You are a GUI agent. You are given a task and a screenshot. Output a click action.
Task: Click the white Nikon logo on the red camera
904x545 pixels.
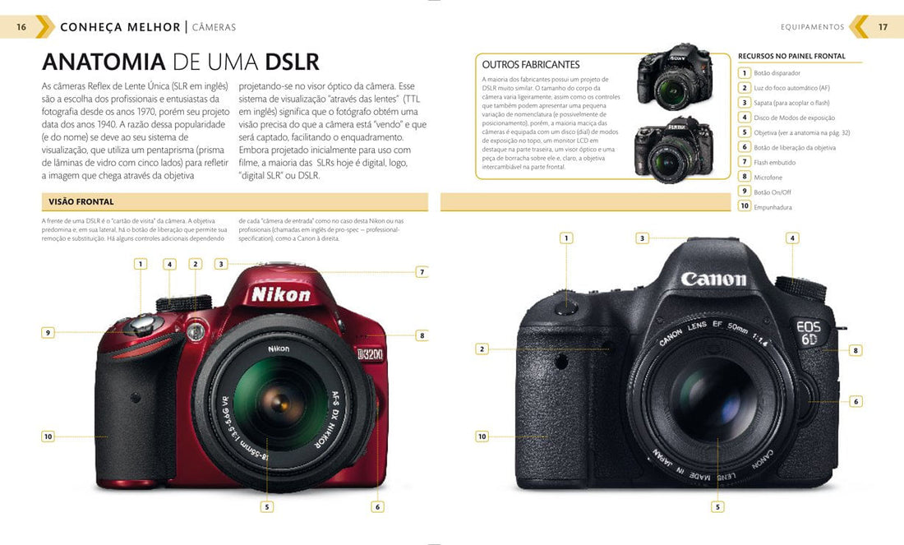coord(281,294)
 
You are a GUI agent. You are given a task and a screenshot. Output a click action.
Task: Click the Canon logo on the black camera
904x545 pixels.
coord(713,279)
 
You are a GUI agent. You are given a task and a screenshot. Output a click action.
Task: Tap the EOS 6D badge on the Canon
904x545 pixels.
coord(808,332)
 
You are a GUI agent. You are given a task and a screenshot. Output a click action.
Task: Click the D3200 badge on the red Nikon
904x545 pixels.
coord(370,354)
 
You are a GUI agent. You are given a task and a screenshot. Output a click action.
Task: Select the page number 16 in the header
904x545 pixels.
coord(21,27)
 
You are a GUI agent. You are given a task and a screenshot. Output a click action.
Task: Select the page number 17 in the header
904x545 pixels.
coord(883,27)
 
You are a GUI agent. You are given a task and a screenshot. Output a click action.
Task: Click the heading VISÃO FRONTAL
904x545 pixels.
coord(81,201)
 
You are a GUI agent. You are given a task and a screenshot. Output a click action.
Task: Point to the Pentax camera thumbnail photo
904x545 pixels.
coord(674,148)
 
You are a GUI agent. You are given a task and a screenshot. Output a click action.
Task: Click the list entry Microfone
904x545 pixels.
coord(768,178)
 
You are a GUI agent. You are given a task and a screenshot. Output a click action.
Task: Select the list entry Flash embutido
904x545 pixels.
coord(774,163)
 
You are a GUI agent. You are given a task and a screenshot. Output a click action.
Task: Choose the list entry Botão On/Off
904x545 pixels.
coord(773,192)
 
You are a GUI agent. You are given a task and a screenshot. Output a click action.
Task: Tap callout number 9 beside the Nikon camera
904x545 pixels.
coord(48,333)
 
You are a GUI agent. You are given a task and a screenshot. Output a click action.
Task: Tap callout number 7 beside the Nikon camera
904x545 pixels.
coord(422,272)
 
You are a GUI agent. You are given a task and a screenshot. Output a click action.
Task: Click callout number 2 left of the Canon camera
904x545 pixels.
coord(482,349)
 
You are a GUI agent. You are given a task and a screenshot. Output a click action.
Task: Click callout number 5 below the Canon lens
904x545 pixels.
coord(717,507)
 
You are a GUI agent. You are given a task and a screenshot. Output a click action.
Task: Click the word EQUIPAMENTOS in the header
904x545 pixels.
coord(812,27)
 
